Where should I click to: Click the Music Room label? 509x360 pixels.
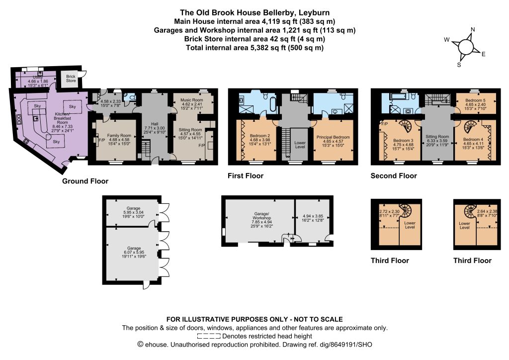192,100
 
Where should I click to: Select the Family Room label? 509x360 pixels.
119,135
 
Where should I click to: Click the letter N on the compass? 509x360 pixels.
473,29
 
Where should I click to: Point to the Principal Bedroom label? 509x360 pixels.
333,137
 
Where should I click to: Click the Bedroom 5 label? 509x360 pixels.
475,100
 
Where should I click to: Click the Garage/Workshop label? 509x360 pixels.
261,216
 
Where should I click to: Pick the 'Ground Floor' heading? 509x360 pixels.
85,181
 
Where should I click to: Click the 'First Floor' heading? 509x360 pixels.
246,176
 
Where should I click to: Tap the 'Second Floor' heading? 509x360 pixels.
394,176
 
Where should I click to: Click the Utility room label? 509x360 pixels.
38,77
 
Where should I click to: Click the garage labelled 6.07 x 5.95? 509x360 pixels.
133,255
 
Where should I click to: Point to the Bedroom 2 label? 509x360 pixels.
260,136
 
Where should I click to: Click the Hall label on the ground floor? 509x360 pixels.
155,124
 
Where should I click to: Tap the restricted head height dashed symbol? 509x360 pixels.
209,336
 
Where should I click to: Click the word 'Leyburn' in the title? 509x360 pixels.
314,12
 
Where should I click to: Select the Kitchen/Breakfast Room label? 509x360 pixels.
62,118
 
